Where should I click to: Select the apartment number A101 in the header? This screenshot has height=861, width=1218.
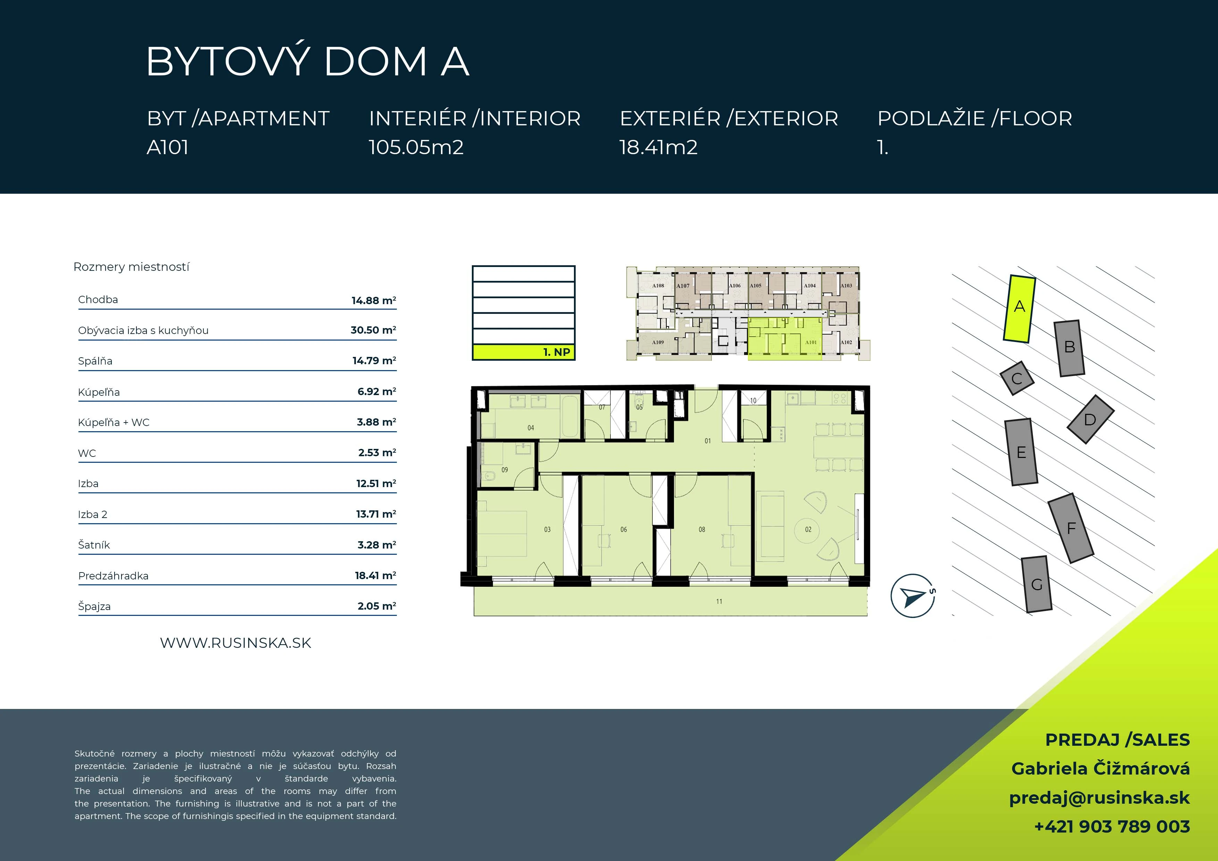[168, 148]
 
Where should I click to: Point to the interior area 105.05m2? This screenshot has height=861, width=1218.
[416, 148]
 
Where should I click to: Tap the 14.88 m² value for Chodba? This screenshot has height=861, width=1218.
[374, 300]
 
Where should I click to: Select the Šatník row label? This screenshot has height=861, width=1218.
[94, 545]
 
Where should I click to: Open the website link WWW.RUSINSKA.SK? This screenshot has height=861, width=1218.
[235, 643]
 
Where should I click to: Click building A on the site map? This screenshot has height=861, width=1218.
[1019, 309]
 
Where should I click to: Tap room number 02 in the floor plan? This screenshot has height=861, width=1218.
[808, 529]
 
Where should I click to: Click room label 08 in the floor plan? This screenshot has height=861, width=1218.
[702, 529]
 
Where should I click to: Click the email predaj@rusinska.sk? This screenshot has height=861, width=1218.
[1099, 798]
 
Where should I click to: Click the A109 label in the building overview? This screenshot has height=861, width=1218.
[658, 342]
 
